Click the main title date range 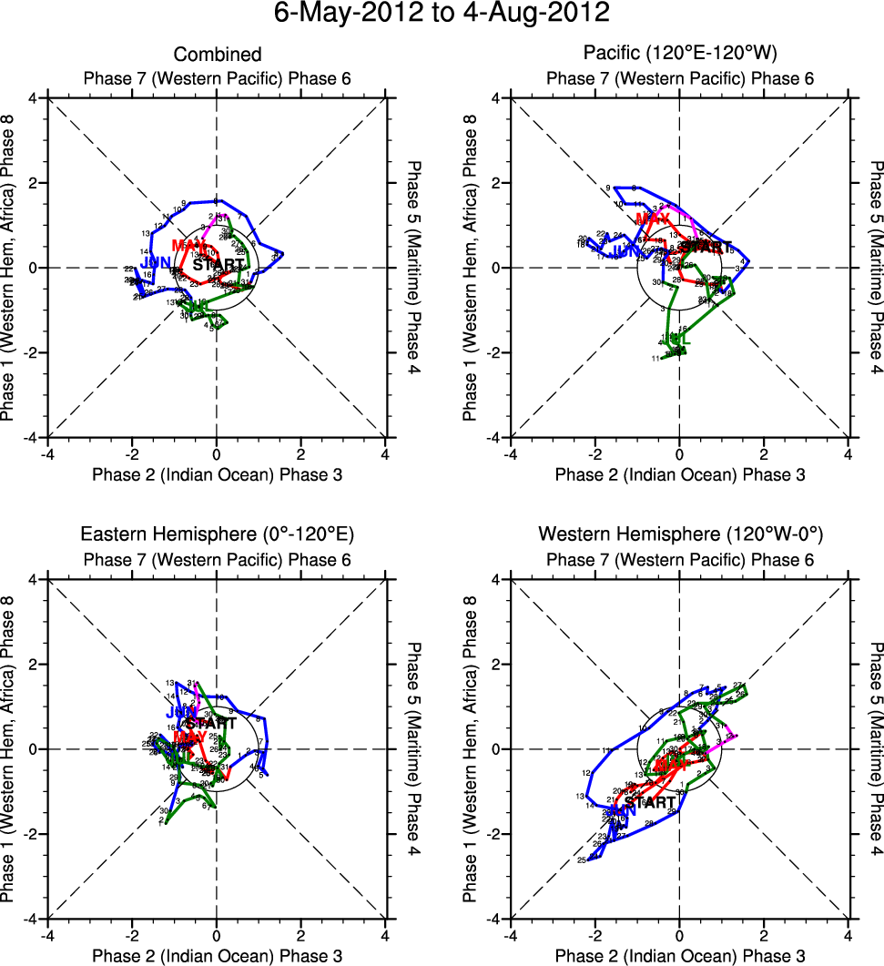pyautogui.click(x=442, y=15)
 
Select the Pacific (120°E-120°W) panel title pyautogui.click(x=680, y=56)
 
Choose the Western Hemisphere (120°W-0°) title pyautogui.click(x=680, y=534)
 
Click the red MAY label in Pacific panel pyautogui.click(x=652, y=219)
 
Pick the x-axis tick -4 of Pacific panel pyautogui.click(x=511, y=453)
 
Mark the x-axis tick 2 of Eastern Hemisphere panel pyautogui.click(x=301, y=935)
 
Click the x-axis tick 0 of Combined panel pyautogui.click(x=217, y=453)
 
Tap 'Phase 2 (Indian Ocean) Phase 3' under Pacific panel pyautogui.click(x=680, y=474)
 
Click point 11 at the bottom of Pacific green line pyautogui.click(x=655, y=359)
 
